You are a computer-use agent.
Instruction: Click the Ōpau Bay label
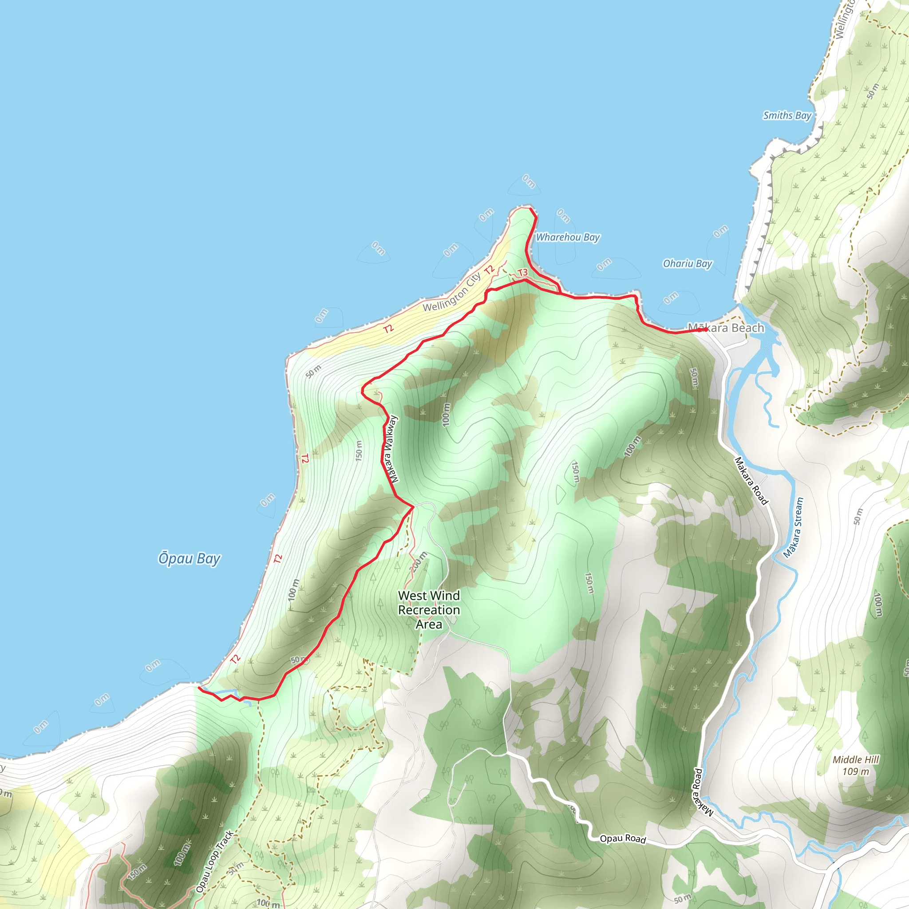tap(189, 558)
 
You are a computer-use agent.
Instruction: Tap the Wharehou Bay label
tap(568, 237)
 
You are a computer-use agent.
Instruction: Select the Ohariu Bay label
tap(688, 264)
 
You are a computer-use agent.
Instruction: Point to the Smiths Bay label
tap(787, 115)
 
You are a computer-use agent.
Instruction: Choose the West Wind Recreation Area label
tap(429, 610)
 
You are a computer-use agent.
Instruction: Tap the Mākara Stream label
tap(794, 527)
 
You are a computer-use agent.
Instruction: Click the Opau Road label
tap(622, 838)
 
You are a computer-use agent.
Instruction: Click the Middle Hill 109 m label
tap(856, 766)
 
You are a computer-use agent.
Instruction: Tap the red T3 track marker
tap(523, 273)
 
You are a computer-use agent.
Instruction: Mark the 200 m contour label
tap(418, 561)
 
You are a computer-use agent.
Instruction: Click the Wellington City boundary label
tap(452, 292)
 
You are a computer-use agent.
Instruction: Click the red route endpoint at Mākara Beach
tap(706, 330)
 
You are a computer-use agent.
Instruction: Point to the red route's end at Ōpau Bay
tap(199, 688)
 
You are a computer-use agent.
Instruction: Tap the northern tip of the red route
tap(531, 209)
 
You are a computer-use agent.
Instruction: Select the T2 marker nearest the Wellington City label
tap(489, 269)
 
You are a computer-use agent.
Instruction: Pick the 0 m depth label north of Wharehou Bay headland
tap(529, 181)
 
